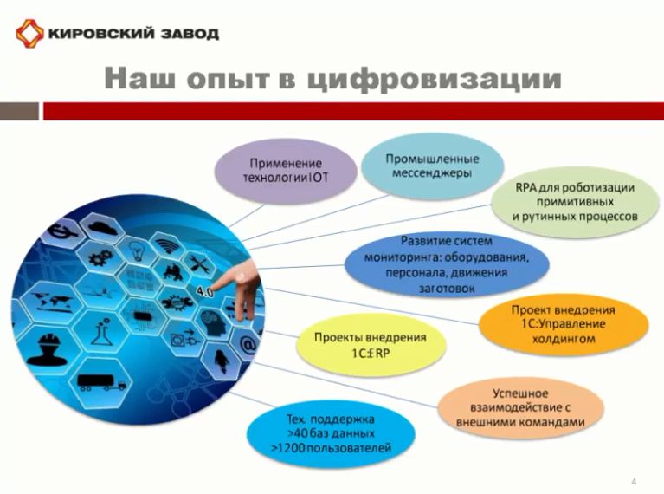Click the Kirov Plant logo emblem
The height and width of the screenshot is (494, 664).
29,34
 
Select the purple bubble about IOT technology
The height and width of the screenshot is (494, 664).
286,171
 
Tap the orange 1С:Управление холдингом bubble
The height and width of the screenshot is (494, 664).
563,324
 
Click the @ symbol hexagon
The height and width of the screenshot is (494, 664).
248,346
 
